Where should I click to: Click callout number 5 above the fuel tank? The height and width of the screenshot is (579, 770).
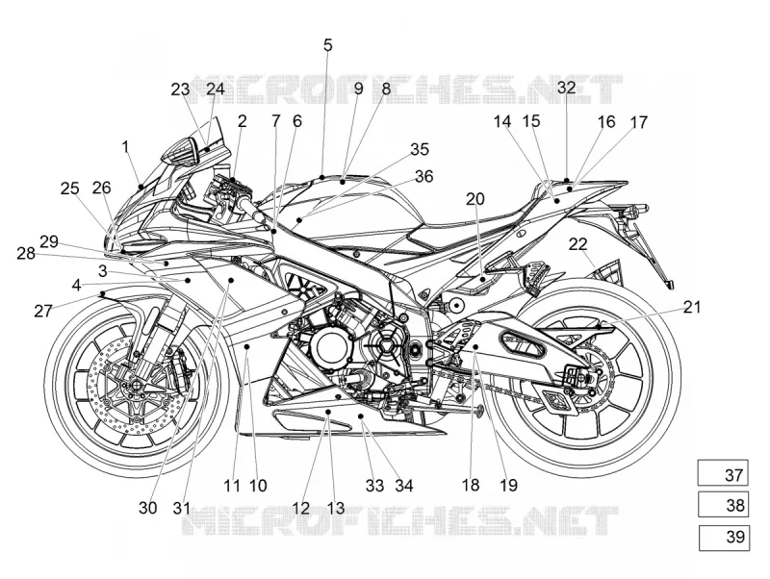pyautogui.click(x=327, y=45)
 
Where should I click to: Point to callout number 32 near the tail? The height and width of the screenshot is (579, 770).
pyautogui.click(x=566, y=88)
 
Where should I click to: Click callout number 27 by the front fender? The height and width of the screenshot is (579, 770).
pyautogui.click(x=43, y=311)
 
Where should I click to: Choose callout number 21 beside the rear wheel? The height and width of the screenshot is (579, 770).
pyautogui.click(x=691, y=307)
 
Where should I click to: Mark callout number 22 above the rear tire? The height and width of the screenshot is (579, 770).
pyautogui.click(x=578, y=244)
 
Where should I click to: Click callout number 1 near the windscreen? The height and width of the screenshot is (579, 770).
pyautogui.click(x=125, y=146)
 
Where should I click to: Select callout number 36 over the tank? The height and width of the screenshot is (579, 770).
pyautogui.click(x=423, y=176)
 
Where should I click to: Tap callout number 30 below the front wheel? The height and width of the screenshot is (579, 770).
pyautogui.click(x=147, y=508)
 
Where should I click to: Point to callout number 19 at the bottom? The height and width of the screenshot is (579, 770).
pyautogui.click(x=508, y=486)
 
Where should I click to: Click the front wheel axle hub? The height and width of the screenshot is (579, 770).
pyautogui.click(x=134, y=383)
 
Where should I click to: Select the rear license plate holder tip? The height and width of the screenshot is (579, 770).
pyautogui.click(x=670, y=285)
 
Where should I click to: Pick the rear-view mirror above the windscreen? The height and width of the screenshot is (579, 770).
pyautogui.click(x=181, y=150)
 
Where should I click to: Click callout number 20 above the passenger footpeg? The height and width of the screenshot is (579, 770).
pyautogui.click(x=475, y=199)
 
